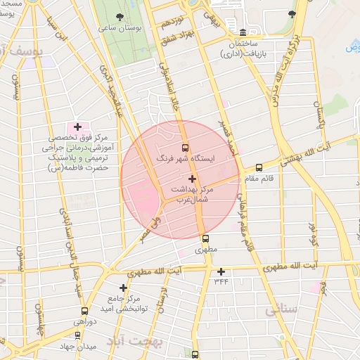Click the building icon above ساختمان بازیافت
(x=243, y=32)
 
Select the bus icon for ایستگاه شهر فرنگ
(x=185, y=148)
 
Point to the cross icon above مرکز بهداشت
(x=192, y=179)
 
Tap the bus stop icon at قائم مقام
(x=259, y=168)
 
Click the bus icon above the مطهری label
(x=206, y=238)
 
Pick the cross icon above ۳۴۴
(x=221, y=271)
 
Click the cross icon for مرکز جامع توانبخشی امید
(x=124, y=288)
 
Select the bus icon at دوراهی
(x=85, y=311)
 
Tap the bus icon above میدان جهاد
(x=77, y=335)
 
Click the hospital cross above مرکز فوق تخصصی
(x=77, y=127)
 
